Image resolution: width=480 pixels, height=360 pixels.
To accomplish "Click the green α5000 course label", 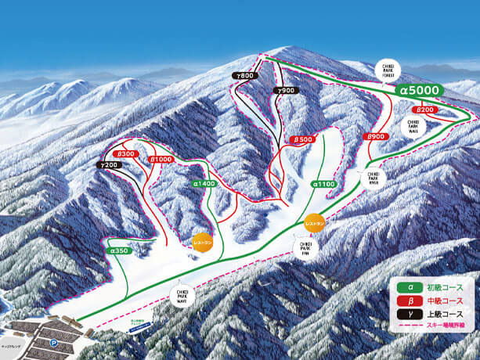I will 420,91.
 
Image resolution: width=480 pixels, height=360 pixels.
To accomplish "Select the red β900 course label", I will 376,136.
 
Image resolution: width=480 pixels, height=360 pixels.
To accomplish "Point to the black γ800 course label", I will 245,75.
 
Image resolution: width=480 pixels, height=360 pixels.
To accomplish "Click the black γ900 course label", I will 285,91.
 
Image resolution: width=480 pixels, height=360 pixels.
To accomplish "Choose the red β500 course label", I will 303,140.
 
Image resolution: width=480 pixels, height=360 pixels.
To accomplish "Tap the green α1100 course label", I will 323,184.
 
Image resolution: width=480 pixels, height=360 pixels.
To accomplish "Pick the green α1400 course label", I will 204,183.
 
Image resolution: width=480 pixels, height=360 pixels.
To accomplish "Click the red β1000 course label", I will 161,160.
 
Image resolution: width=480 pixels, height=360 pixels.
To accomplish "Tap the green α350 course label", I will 118,250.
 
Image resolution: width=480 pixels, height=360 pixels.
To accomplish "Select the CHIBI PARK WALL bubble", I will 414,127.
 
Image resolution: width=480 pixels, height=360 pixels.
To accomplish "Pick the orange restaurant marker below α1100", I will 313,223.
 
